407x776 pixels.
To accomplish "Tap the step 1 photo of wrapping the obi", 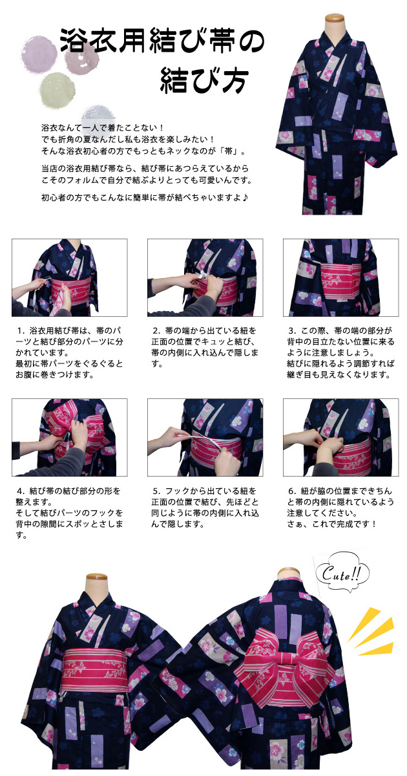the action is [70, 277].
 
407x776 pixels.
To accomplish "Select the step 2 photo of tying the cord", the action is [205, 277].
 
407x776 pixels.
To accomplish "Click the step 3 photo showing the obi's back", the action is [341, 277].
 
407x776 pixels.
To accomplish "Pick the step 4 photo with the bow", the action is [70, 437].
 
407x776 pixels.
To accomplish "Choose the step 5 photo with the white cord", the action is [205, 437].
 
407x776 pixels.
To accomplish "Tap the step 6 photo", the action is [341, 437].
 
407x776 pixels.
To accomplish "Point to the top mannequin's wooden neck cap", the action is [335, 21].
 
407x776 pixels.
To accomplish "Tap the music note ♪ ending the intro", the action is [245, 197].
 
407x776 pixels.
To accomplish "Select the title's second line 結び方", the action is [204, 80].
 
